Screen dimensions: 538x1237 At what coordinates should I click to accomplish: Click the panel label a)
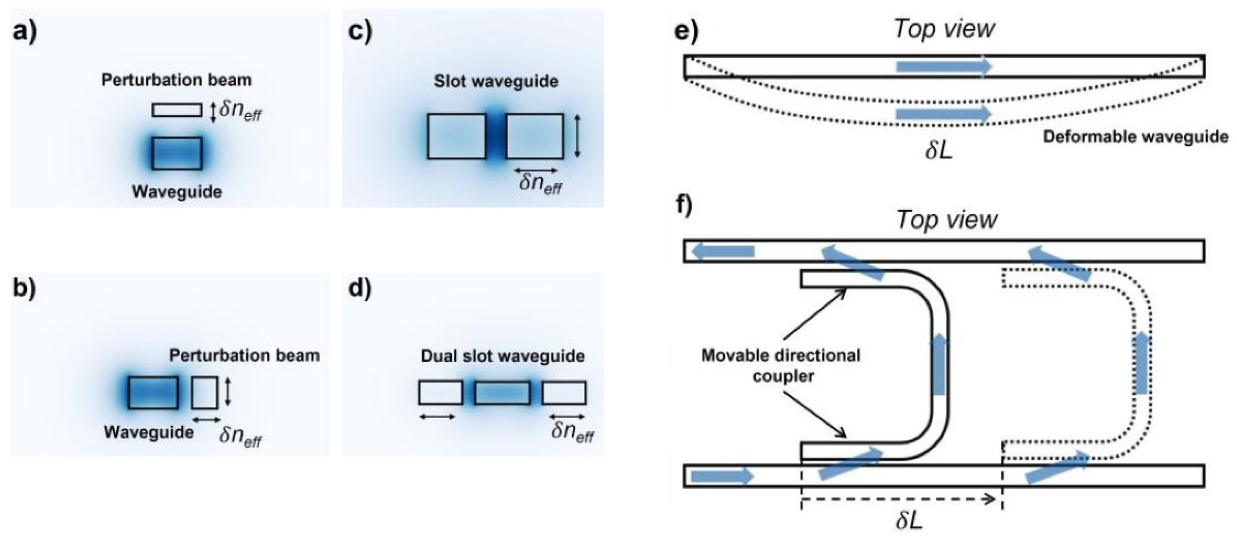pyautogui.click(x=24, y=33)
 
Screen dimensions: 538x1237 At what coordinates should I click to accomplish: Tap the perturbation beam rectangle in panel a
pyautogui.click(x=177, y=110)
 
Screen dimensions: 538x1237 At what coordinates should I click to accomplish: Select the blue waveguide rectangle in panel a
pyautogui.click(x=177, y=153)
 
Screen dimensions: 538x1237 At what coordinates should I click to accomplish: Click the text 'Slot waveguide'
pyautogui.click(x=496, y=81)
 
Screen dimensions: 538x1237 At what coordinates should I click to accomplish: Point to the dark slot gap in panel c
pyautogui.click(x=496, y=136)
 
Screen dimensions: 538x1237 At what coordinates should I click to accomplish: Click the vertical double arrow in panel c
pyautogui.click(x=577, y=136)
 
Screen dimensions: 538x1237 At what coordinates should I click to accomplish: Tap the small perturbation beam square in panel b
pyautogui.click(x=205, y=393)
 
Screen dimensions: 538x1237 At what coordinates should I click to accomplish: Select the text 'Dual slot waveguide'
pyautogui.click(x=502, y=356)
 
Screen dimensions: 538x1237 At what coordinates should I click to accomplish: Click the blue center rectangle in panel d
pyautogui.click(x=502, y=393)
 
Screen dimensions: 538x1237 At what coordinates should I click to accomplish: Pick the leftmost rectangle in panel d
pyautogui.click(x=440, y=393)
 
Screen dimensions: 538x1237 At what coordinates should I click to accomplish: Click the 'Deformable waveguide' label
pyautogui.click(x=1135, y=137)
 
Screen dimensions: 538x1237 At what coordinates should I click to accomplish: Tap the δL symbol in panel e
pyautogui.click(x=939, y=150)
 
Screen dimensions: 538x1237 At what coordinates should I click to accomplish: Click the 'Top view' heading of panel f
pyautogui.click(x=946, y=219)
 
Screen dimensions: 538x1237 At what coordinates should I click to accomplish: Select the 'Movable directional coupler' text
pyautogui.click(x=780, y=365)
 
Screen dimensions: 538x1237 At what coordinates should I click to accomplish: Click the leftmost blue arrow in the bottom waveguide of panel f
pyautogui.click(x=722, y=476)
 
